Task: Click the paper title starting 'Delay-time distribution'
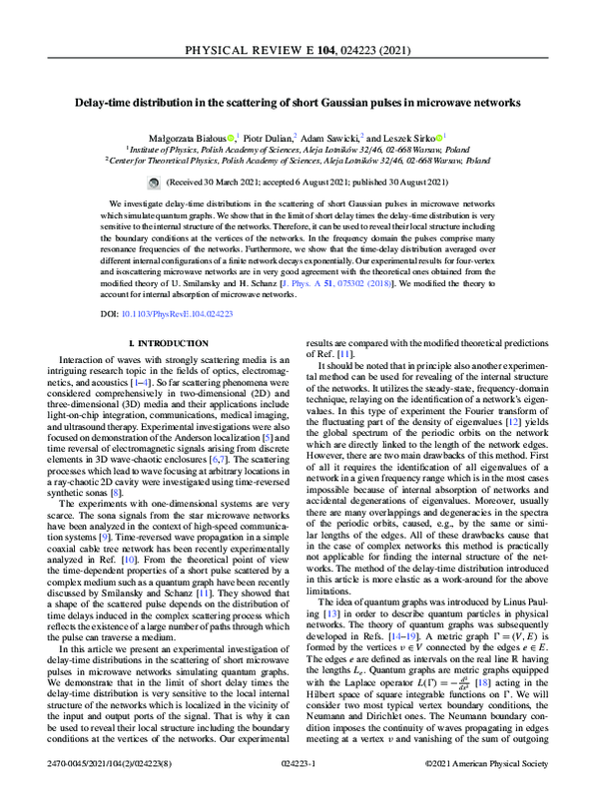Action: (x=299, y=102)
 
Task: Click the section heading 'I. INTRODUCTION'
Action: (x=164, y=343)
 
